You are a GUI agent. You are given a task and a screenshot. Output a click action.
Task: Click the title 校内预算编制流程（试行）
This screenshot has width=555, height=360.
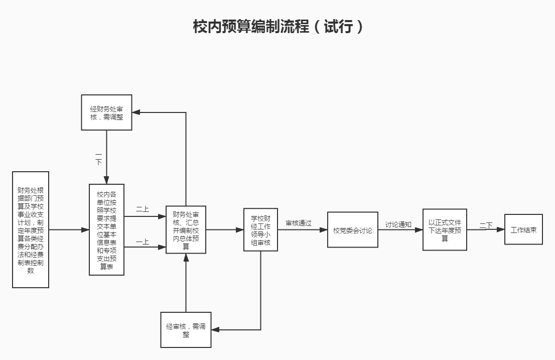277,27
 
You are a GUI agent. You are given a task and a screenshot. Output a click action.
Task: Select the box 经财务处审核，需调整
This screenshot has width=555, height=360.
107,112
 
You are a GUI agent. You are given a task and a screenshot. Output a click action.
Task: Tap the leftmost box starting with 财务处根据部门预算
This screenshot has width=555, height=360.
31,229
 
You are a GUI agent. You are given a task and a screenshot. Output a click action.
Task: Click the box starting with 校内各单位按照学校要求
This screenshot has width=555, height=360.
106,229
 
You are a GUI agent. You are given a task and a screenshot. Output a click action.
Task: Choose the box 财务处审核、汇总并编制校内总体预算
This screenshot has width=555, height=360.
186,229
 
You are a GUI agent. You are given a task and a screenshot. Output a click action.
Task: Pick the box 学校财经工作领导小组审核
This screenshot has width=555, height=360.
260,229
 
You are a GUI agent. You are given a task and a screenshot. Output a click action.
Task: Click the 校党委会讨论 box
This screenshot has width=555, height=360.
352,230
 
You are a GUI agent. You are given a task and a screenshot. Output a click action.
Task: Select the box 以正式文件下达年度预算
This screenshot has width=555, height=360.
445,229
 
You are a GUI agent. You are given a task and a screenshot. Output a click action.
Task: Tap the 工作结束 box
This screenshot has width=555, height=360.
523,230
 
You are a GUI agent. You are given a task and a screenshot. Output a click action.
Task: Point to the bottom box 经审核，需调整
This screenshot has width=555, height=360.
186,330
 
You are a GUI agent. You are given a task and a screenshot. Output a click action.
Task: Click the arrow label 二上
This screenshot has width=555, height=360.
143,209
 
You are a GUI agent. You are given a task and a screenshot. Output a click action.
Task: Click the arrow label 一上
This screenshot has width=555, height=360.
143,242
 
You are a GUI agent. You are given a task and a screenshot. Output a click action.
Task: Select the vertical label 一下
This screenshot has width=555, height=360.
98,159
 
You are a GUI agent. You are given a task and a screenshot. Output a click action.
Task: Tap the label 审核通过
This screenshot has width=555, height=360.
299,223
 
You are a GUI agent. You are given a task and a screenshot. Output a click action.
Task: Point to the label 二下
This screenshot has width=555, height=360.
486,225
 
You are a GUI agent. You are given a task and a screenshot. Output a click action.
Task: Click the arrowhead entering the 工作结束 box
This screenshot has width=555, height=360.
501,230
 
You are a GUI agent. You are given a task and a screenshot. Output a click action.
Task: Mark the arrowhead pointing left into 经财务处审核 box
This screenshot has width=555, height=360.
136,112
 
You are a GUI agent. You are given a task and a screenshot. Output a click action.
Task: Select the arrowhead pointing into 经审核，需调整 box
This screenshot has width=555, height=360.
215,330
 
